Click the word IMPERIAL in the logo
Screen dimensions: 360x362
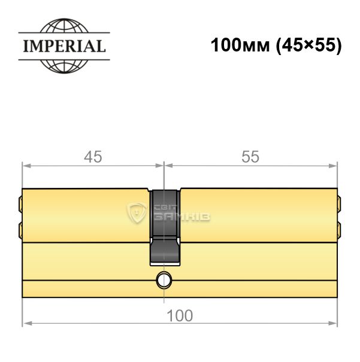coord(65,46)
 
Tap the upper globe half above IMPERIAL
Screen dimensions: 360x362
coord(64,25)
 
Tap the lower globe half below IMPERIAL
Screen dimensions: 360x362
coord(64,67)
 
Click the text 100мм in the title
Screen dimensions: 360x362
coord(240,45)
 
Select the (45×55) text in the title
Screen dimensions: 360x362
coord(308,45)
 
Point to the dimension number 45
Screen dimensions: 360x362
coord(93,157)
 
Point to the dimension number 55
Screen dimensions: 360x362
coord(250,157)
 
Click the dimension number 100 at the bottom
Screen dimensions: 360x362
coord(180,315)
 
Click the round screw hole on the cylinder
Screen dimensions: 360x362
coord(164,280)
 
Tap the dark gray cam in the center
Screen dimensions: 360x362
coord(165,227)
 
